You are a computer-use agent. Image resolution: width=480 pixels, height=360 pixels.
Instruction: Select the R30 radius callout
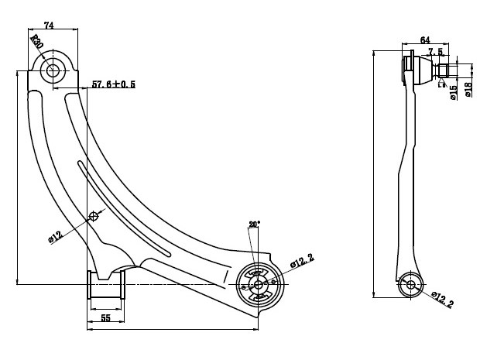36,41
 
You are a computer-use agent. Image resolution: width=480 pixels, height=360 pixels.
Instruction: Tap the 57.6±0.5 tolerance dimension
113,84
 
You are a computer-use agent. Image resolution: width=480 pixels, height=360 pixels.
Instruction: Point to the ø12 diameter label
56,237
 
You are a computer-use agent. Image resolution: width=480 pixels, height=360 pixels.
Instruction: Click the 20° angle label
254,224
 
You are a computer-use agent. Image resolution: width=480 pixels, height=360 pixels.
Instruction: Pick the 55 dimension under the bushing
105,318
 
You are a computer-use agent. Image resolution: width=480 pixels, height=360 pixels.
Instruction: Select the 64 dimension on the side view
425,39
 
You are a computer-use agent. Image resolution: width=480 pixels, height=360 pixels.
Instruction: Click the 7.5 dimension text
436,52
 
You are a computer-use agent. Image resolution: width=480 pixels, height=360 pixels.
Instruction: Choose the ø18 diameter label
468,91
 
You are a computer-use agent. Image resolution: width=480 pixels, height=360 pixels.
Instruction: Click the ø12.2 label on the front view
303,262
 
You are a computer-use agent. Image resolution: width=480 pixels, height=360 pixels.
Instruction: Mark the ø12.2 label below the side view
442,300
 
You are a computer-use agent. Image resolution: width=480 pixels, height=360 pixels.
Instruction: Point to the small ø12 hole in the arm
94,215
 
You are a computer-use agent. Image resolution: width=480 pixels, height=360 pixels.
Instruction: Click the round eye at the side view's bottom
409,285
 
